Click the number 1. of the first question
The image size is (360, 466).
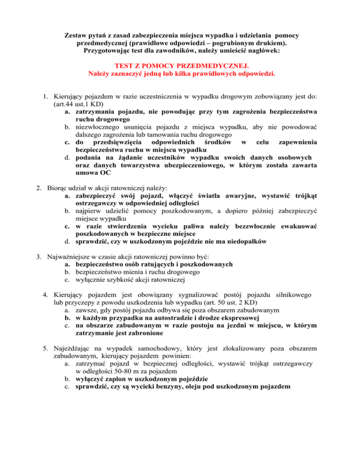[43, 96]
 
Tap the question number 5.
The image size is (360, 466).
[43, 348]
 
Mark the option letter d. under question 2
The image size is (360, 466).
[68, 242]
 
